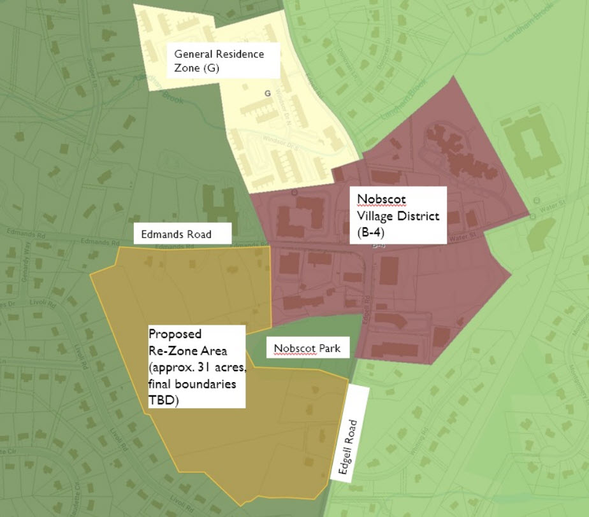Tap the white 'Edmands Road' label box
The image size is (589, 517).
point(182,234)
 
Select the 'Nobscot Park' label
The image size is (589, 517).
point(307,349)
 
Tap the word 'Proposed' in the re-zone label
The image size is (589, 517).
point(175,334)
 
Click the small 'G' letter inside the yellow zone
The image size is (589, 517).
point(268,94)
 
